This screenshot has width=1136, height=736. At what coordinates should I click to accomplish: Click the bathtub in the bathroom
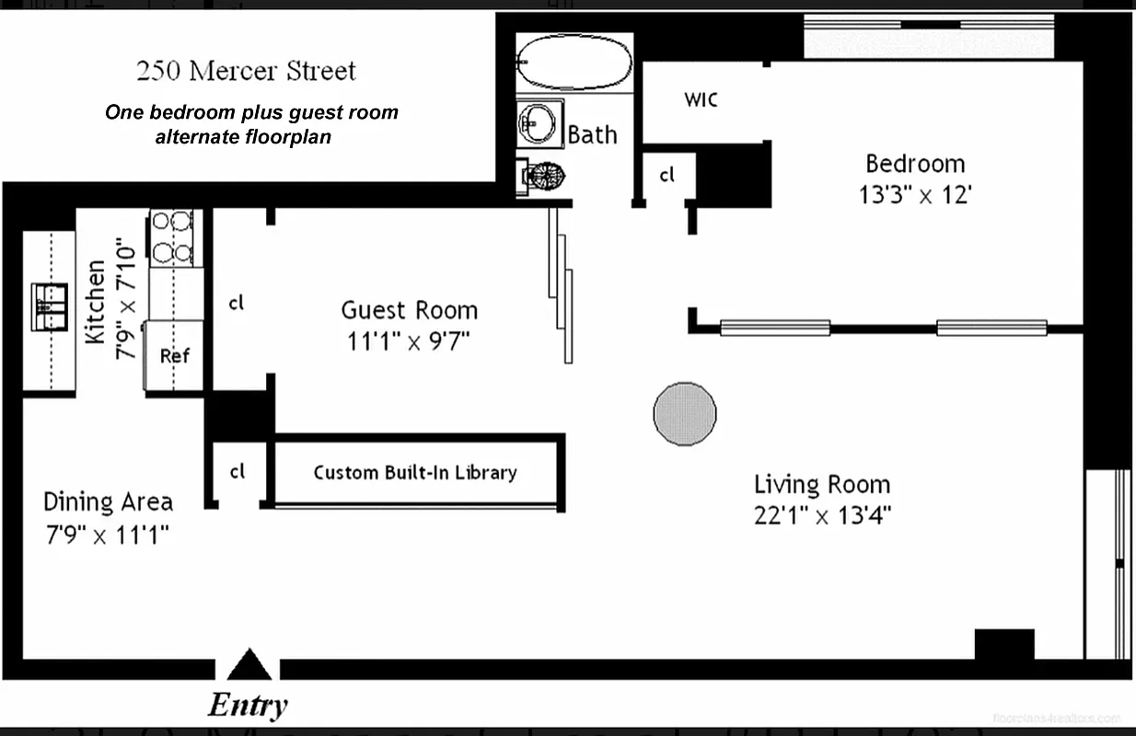tap(575, 63)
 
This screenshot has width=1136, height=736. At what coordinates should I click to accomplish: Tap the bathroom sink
tap(539, 123)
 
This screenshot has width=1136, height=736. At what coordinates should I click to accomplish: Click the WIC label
tap(701, 99)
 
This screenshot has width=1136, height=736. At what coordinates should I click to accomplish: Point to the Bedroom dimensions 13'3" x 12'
tap(915, 195)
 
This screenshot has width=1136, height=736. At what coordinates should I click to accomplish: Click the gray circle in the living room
tap(684, 414)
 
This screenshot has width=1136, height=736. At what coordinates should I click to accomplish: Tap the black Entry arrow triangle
tap(249, 664)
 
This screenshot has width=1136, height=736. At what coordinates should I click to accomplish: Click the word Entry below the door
tap(248, 706)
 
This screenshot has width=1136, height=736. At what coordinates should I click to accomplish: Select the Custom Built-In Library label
tap(415, 473)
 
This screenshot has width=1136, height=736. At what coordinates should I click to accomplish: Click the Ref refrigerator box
tap(174, 356)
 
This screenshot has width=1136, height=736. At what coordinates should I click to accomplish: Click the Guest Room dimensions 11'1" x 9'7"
tap(409, 341)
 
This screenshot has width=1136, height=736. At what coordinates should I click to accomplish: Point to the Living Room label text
tap(822, 484)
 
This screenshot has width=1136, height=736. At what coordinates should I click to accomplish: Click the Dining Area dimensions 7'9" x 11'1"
tap(107, 534)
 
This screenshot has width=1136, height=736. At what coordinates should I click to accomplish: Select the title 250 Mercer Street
tap(246, 71)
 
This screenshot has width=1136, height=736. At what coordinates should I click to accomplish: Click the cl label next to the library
tap(238, 472)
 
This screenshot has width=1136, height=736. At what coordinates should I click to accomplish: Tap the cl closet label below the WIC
tap(667, 174)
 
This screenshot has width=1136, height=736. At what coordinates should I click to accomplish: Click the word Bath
tap(592, 134)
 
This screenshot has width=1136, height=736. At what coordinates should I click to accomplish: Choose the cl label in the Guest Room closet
tap(237, 302)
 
